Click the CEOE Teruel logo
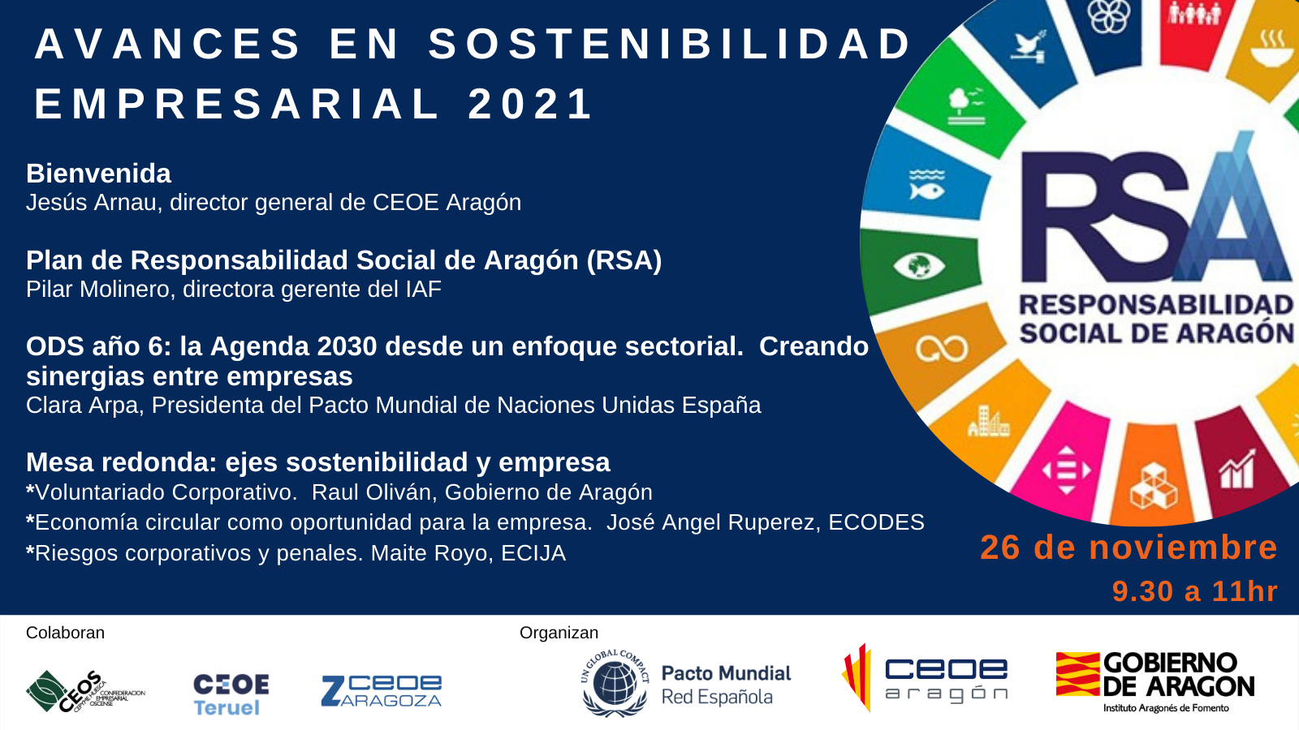[x=231, y=694]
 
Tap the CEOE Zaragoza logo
[x=382, y=691]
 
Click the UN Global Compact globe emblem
[x=615, y=683]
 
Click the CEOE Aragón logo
[x=926, y=678]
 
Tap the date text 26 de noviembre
[x=1129, y=548]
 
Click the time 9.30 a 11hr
[x=1194, y=591]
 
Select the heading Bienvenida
[x=98, y=174]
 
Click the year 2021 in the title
[x=531, y=104]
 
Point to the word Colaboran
[x=65, y=633]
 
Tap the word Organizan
[x=559, y=633]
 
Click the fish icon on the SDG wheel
[x=926, y=186]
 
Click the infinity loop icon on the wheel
[x=941, y=349]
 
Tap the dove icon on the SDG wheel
[x=1028, y=47]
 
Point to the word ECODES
[x=876, y=522]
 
